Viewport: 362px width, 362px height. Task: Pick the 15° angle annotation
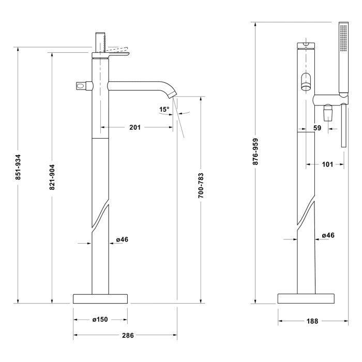[x=164, y=109]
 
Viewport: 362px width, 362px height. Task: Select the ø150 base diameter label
[x=100, y=320]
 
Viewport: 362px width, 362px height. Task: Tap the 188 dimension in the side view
[x=312, y=321]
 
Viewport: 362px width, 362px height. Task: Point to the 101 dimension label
[x=327, y=164]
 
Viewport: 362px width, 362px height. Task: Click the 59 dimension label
[x=318, y=128]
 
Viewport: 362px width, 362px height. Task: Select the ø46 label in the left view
[x=122, y=239]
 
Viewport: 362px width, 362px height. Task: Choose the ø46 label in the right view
[x=328, y=235]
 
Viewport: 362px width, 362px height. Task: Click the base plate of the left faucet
[x=100, y=298]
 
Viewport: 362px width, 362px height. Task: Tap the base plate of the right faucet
[x=305, y=298]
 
